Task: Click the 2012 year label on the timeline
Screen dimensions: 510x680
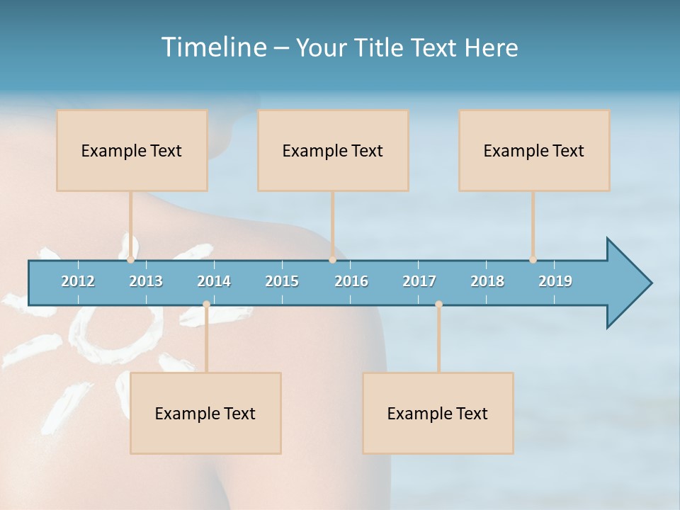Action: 78,281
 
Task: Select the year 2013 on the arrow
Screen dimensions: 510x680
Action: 146,281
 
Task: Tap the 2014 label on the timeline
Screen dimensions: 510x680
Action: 214,281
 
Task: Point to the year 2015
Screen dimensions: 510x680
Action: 282,281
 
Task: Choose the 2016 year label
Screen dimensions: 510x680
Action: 351,281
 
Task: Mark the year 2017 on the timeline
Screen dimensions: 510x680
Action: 419,281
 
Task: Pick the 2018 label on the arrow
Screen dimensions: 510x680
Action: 487,281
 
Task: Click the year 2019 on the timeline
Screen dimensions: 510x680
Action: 555,281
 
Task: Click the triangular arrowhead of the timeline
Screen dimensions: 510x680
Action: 628,283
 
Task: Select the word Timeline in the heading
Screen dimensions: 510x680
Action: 212,47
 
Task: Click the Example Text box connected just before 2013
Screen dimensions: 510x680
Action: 132,150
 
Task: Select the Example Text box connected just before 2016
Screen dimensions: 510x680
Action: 333,150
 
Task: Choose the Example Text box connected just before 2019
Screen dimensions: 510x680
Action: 534,150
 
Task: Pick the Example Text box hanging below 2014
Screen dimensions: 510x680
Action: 205,413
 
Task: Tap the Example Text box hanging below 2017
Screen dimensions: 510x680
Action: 438,413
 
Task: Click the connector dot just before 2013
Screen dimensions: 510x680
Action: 130,260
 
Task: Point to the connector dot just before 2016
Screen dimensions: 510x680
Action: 332,260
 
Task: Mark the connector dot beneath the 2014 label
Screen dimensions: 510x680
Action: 206,304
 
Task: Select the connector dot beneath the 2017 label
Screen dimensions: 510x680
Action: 438,304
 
